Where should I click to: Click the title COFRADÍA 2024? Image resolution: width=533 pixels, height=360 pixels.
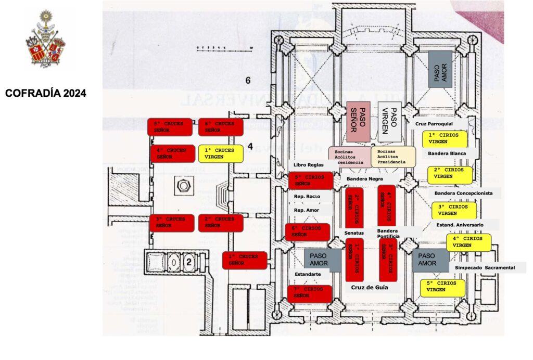click(x=46, y=94)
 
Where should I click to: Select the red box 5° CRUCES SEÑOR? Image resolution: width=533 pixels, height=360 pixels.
click(x=170, y=127)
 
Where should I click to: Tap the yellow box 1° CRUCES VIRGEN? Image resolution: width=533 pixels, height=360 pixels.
click(x=221, y=153)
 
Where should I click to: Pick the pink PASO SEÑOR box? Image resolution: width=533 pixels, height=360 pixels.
click(x=358, y=122)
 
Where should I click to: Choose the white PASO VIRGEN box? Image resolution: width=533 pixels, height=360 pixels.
click(x=389, y=122)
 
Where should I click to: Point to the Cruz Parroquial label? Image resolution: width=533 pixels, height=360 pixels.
click(x=434, y=124)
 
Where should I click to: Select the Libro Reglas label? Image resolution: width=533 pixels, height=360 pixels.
click(x=305, y=165)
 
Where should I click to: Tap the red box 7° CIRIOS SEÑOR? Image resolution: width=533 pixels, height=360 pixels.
click(x=310, y=293)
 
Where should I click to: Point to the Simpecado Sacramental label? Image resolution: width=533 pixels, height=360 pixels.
click(x=485, y=267)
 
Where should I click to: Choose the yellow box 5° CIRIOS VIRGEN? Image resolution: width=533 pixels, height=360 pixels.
click(x=442, y=287)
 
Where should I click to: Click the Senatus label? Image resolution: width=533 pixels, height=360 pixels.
click(x=353, y=232)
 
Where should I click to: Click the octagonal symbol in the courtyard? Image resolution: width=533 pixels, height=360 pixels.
click(x=183, y=186)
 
